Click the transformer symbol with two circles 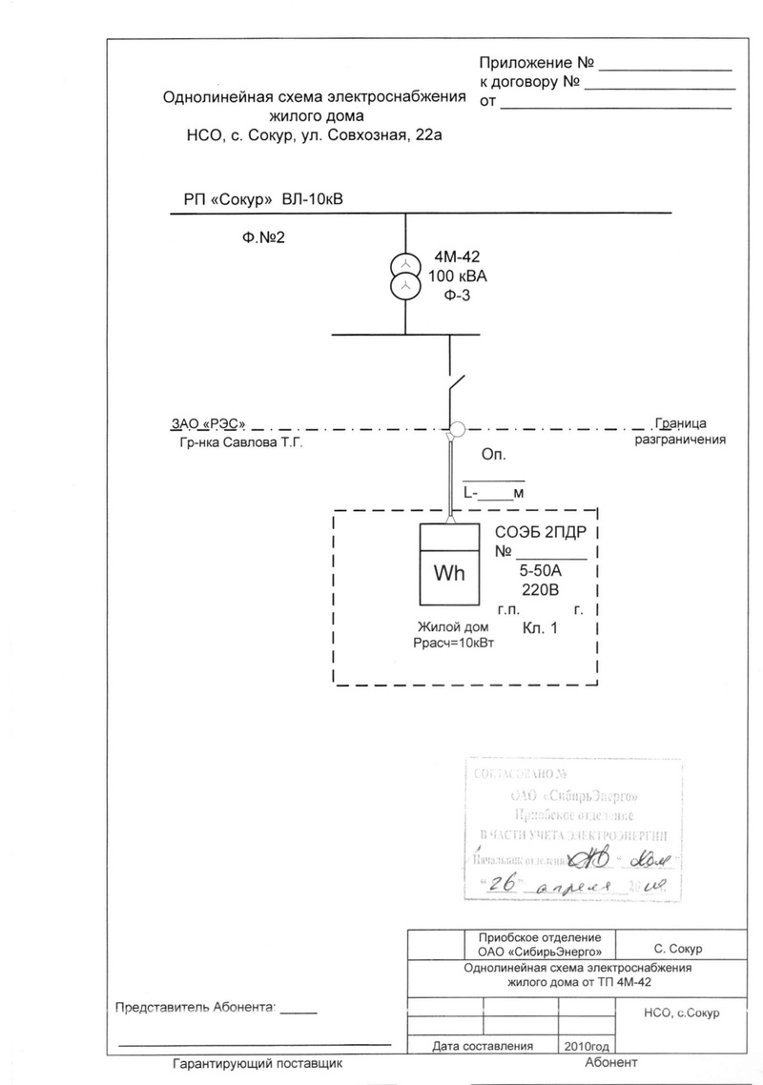point(405,274)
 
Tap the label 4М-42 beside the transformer point(458,256)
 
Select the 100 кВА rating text point(458,276)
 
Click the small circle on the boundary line point(457,429)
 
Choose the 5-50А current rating point(542,571)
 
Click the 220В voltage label point(541,590)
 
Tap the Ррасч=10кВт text point(453,643)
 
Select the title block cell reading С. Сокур point(678,950)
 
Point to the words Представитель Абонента point(195,1007)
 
